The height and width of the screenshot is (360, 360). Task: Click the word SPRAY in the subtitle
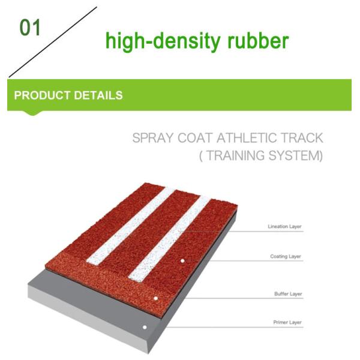[x=153, y=139]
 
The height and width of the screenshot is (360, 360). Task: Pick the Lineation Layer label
[x=284, y=227]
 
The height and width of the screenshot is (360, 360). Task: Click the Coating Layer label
[x=286, y=257]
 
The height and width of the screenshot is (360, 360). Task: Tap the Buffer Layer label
[x=287, y=295]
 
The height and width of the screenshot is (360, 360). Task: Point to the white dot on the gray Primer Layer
[x=145, y=328]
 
